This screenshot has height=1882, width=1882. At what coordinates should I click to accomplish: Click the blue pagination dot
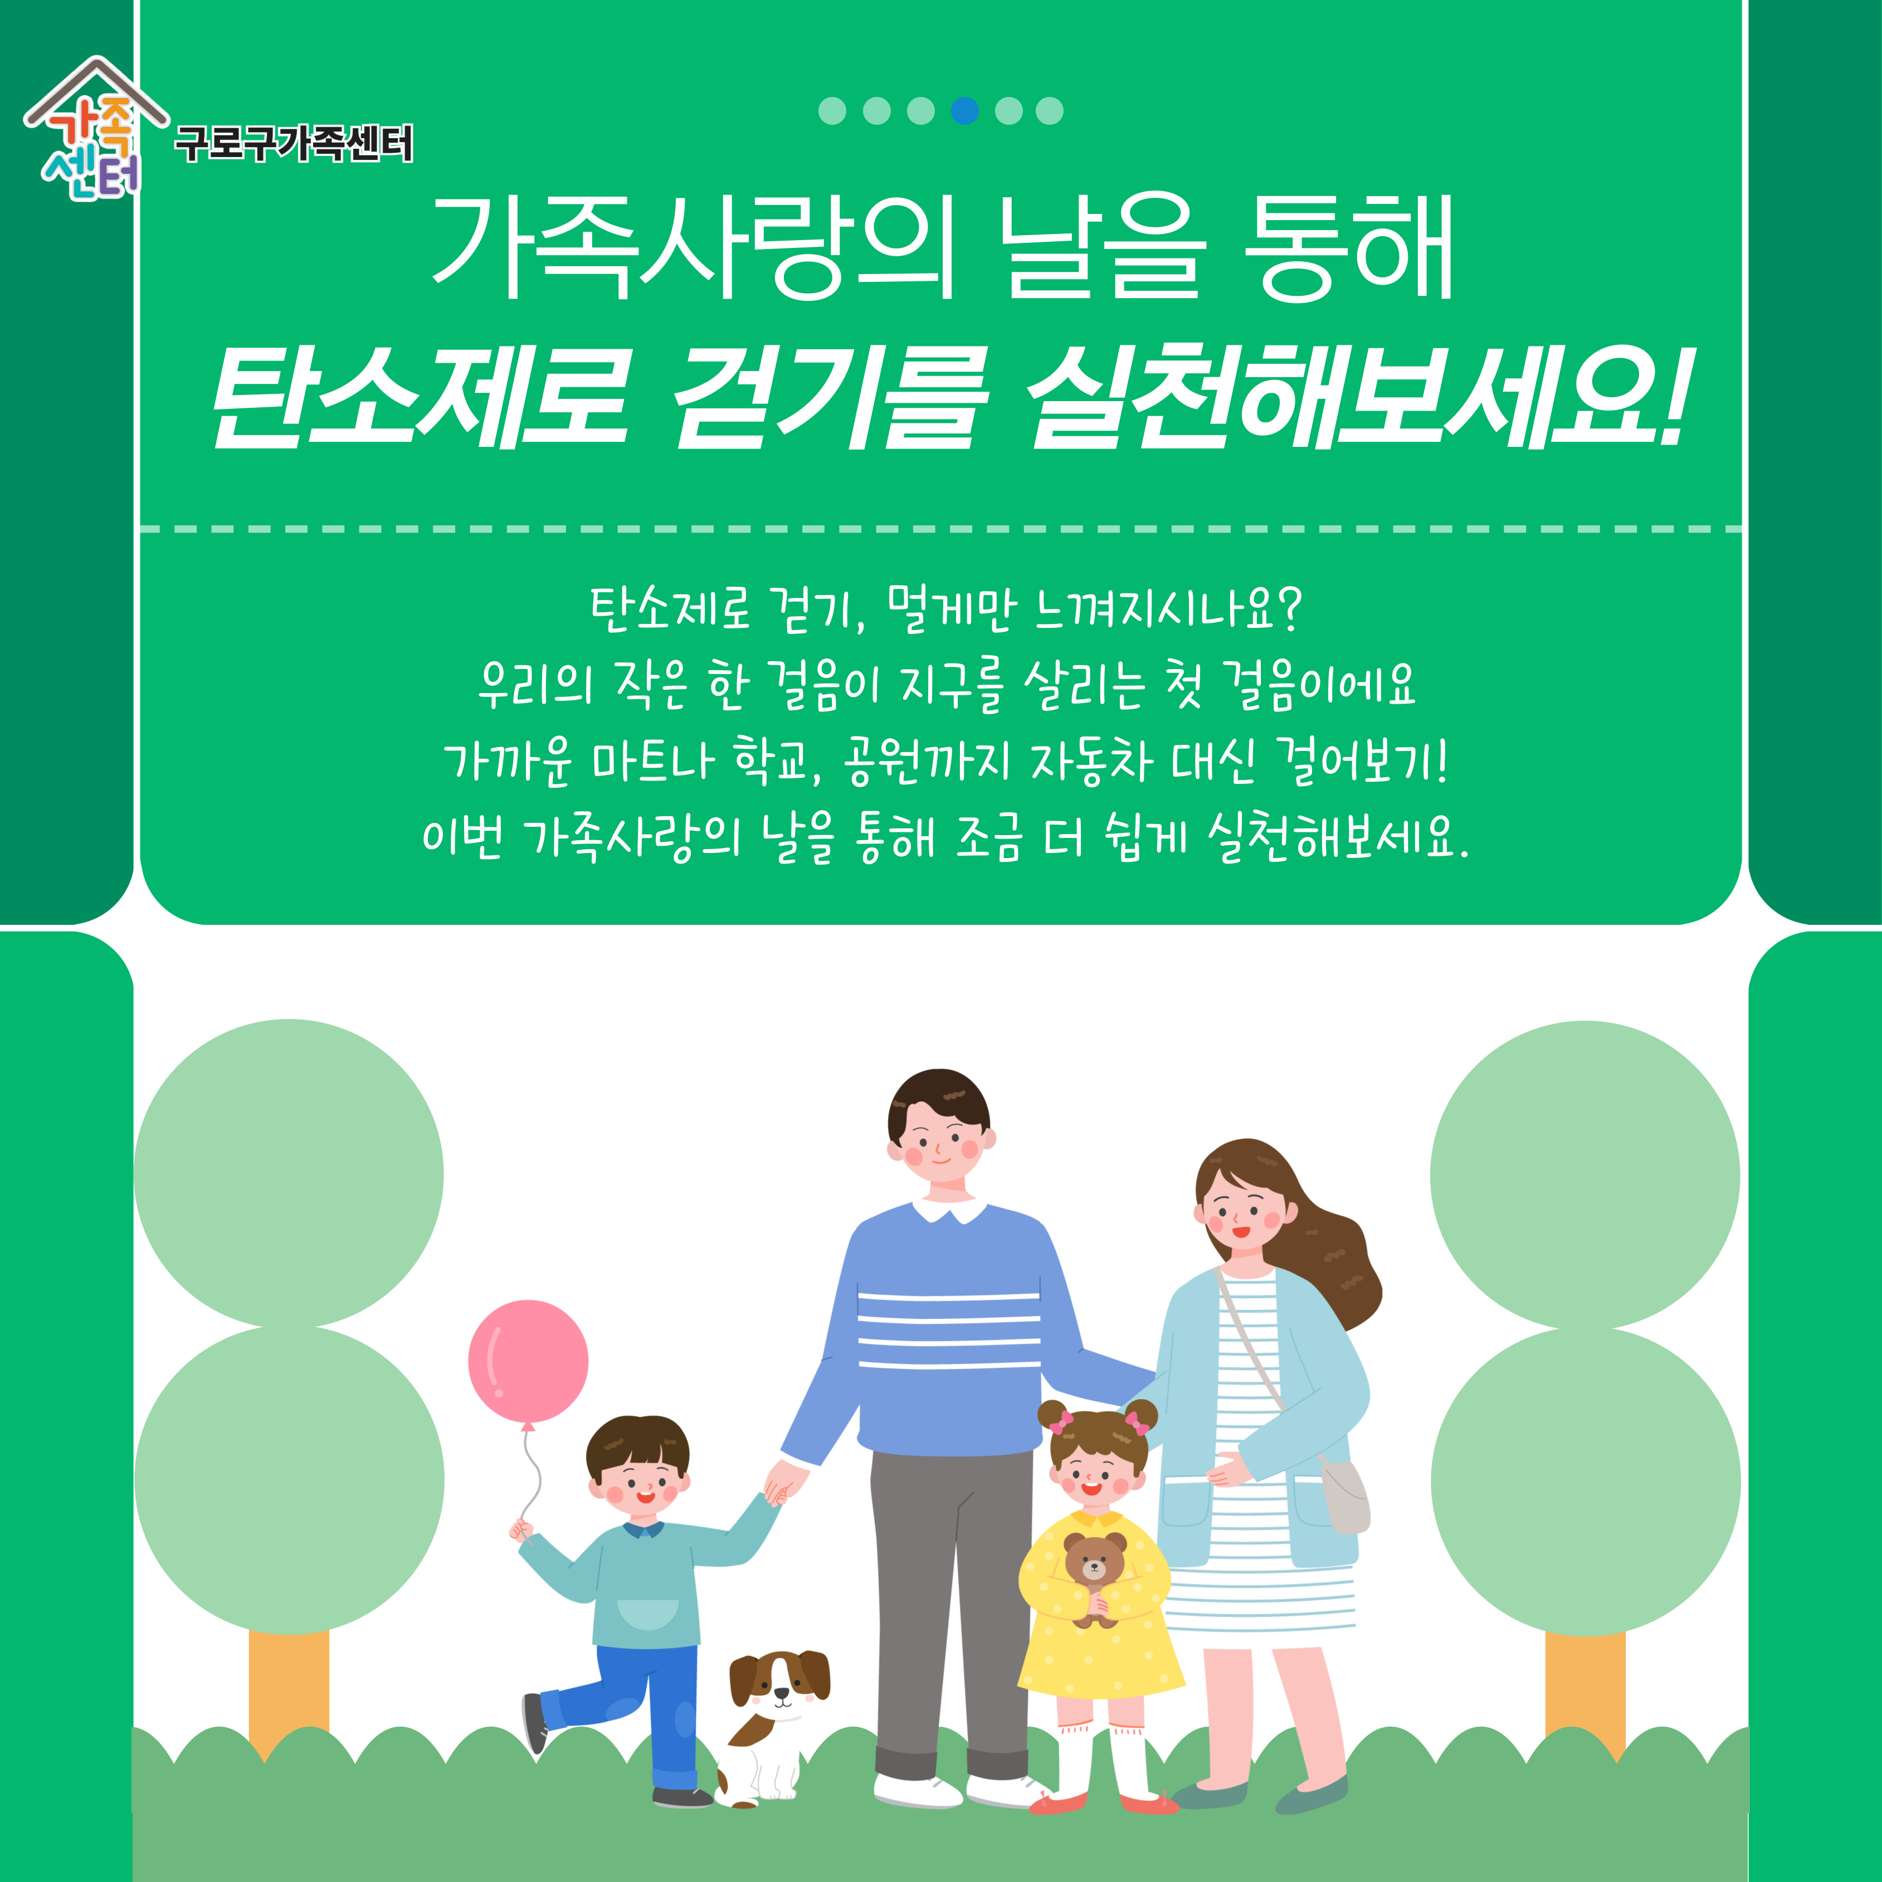964,111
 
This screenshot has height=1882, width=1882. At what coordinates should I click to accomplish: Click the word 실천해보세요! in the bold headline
1357,399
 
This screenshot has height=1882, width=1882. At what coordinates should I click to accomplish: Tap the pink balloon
528,1362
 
